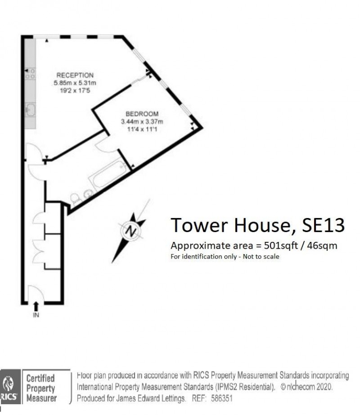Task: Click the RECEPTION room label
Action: click(75, 75)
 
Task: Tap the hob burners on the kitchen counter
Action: click(31, 74)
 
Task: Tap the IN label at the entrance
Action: click(36, 316)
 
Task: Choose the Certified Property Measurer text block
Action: click(40, 388)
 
